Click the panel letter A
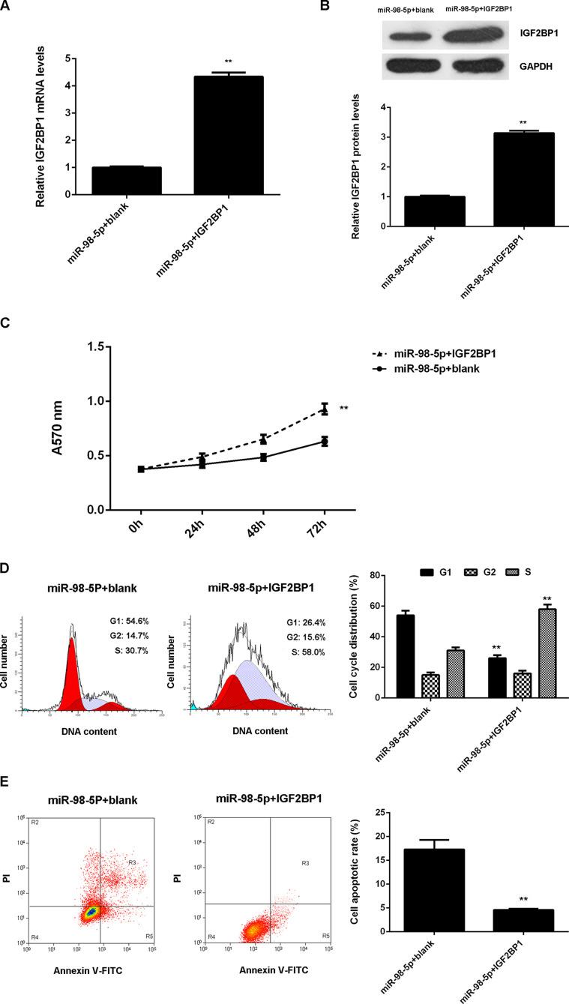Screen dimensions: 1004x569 click(6, 7)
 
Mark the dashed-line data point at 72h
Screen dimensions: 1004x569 click(325, 409)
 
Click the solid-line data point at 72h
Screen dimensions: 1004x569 click(325, 442)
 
